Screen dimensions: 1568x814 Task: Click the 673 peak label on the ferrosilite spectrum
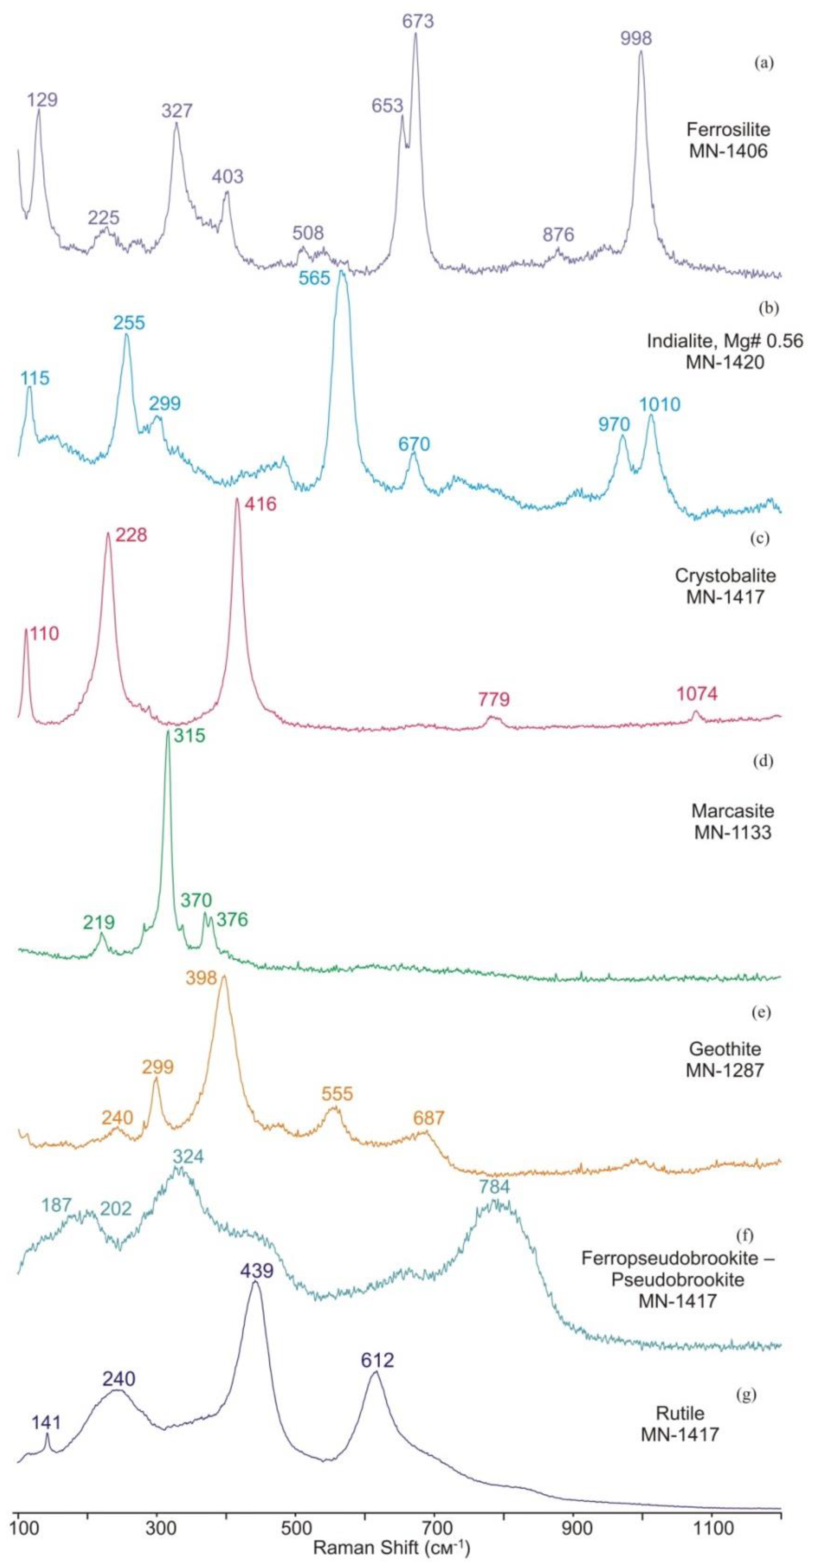point(417,21)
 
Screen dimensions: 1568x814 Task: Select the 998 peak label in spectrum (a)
point(636,38)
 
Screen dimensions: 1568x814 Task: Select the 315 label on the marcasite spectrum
point(189,736)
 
